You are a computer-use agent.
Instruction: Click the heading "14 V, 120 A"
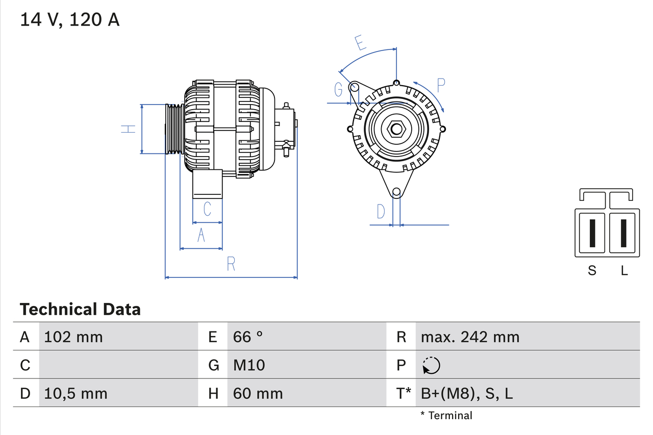[70, 20]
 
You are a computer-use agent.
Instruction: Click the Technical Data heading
[80, 309]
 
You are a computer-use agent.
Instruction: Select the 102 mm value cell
[73, 337]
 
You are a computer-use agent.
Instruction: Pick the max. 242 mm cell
[470, 337]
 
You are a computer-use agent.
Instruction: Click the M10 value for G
[249, 365]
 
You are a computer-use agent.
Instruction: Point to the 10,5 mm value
[76, 393]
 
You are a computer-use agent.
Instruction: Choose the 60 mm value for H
[258, 393]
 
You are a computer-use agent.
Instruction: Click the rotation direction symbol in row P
[431, 366]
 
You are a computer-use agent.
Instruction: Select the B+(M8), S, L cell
[467, 393]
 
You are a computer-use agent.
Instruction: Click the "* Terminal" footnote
[446, 415]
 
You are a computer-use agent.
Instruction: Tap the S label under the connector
[592, 271]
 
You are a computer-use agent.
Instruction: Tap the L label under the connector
[624, 271]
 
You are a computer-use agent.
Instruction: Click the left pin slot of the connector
[592, 233]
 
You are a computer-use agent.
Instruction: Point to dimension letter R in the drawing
[231, 264]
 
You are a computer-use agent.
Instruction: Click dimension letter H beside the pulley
[128, 129]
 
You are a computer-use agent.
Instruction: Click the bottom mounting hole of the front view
[396, 192]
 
